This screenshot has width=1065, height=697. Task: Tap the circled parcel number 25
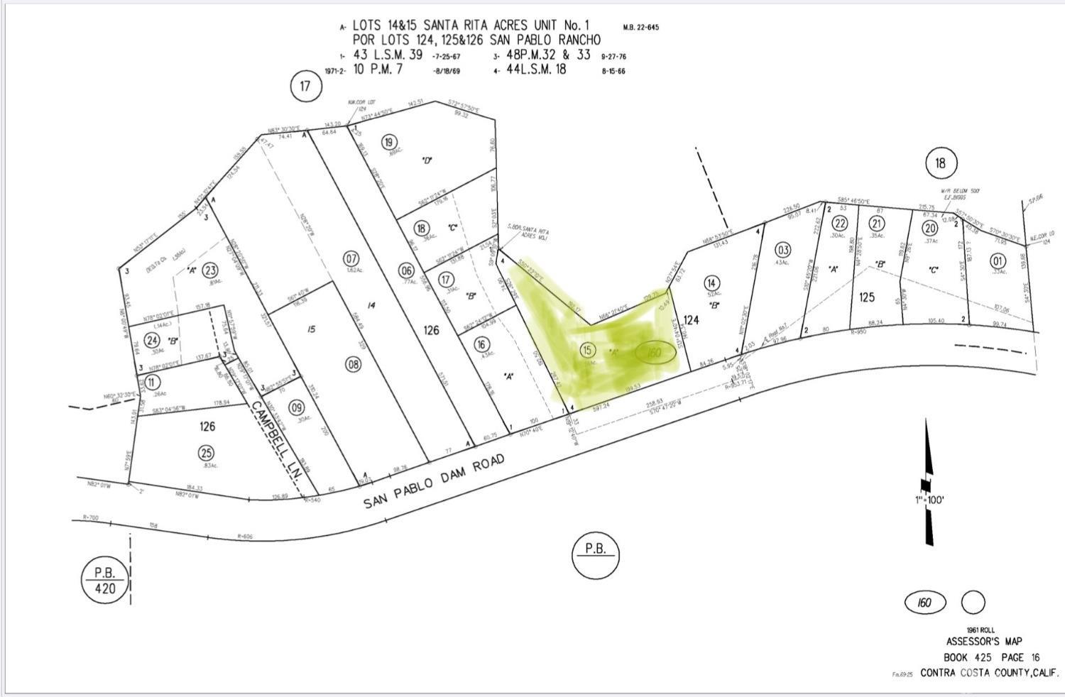207,452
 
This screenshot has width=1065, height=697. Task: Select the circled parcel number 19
388,142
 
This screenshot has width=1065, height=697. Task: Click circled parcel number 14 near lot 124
712,283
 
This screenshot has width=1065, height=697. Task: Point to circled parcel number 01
998,260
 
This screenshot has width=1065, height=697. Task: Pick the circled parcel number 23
210,270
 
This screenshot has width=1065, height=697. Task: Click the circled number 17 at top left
306,87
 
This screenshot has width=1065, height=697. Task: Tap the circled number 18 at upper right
941,163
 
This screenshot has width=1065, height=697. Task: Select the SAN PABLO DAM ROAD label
435,482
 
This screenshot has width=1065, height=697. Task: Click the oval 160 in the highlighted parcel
654,352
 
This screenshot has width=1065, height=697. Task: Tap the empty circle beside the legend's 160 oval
973,603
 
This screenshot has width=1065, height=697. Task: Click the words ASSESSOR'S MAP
983,642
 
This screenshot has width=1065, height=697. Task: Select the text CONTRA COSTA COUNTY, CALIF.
988,672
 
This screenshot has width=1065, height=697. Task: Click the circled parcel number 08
353,365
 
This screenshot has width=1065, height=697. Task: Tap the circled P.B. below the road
595,553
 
